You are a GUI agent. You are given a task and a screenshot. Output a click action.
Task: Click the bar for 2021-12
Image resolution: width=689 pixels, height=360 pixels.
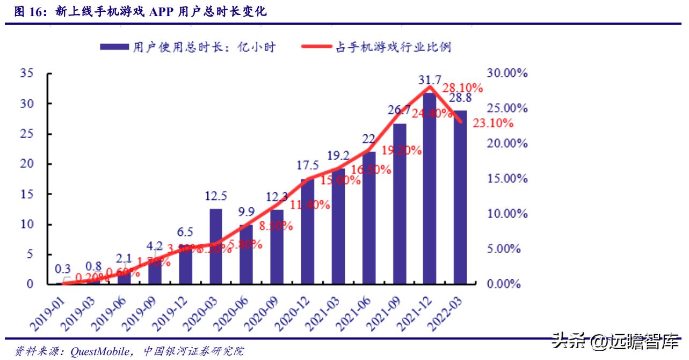pyautogui.click(x=430, y=188)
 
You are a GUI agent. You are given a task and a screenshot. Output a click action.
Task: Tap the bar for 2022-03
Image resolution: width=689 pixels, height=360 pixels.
pyautogui.click(x=460, y=197)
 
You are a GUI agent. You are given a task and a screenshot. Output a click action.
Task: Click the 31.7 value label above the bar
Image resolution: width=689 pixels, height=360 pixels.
pyautogui.click(x=430, y=81)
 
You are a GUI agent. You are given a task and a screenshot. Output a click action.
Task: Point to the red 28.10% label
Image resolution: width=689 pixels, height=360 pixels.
pyautogui.click(x=462, y=88)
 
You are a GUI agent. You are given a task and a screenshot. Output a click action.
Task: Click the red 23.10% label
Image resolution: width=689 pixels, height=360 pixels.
pyautogui.click(x=493, y=123)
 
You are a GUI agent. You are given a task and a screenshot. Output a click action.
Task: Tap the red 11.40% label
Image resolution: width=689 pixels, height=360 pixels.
pyautogui.click(x=310, y=205)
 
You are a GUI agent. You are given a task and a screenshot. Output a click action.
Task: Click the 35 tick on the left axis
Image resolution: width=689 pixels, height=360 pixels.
pyautogui.click(x=27, y=73)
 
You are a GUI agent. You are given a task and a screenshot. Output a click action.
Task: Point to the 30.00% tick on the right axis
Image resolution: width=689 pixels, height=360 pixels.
pyautogui.click(x=507, y=73)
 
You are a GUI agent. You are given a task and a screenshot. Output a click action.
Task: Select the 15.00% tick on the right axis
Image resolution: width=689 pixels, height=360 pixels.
pyautogui.click(x=507, y=178)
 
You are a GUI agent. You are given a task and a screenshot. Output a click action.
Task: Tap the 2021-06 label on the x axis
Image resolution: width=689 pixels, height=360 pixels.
pyautogui.click(x=354, y=314)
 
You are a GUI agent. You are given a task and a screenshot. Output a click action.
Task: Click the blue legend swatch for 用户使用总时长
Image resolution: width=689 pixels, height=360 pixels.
pyautogui.click(x=114, y=47)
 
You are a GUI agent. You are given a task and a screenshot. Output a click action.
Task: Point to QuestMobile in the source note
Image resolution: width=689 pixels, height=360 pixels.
pyautogui.click(x=99, y=351)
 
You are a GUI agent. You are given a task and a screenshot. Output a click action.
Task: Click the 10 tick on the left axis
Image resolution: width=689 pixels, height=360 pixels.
pyautogui.click(x=27, y=224)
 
